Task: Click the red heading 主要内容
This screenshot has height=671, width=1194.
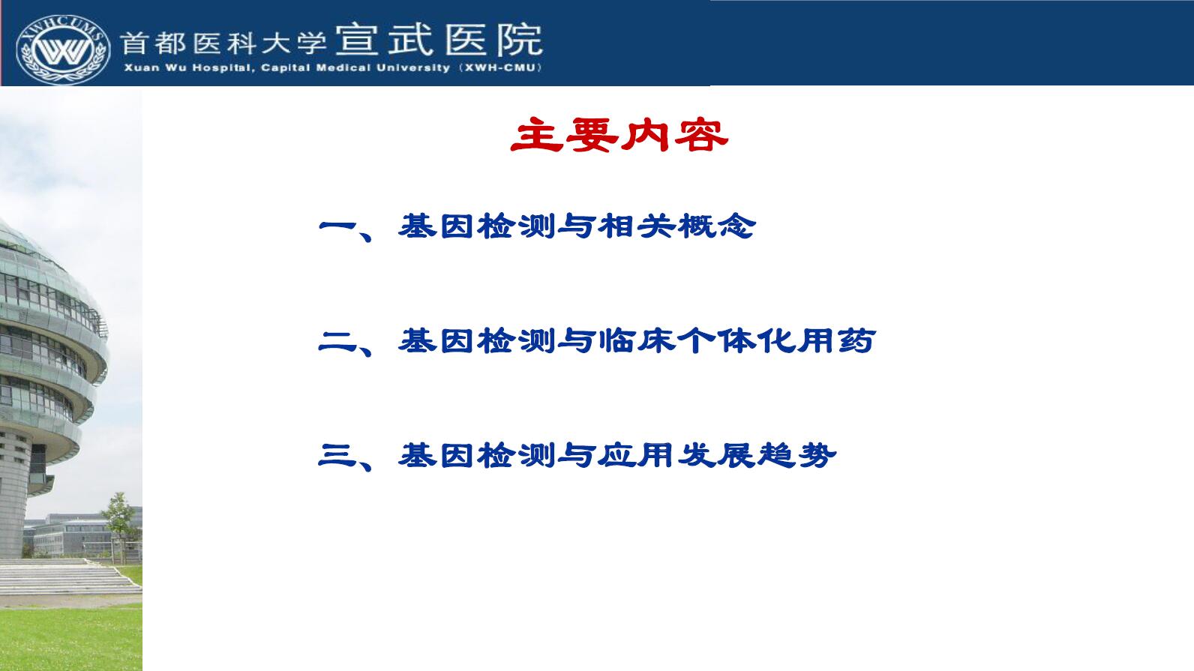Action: coord(619,135)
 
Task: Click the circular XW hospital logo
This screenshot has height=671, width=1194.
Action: coord(63,49)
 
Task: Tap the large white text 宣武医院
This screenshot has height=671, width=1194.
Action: coord(439,40)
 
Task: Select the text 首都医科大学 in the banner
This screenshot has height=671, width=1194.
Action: coord(223,43)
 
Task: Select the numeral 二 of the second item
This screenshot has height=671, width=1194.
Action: coord(338,341)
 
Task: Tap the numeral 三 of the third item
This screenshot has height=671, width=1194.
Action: coord(338,455)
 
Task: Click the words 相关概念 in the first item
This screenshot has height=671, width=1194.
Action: coord(677,226)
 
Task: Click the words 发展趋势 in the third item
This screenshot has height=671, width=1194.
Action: coord(757,455)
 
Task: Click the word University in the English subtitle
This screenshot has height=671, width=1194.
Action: coord(413,68)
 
